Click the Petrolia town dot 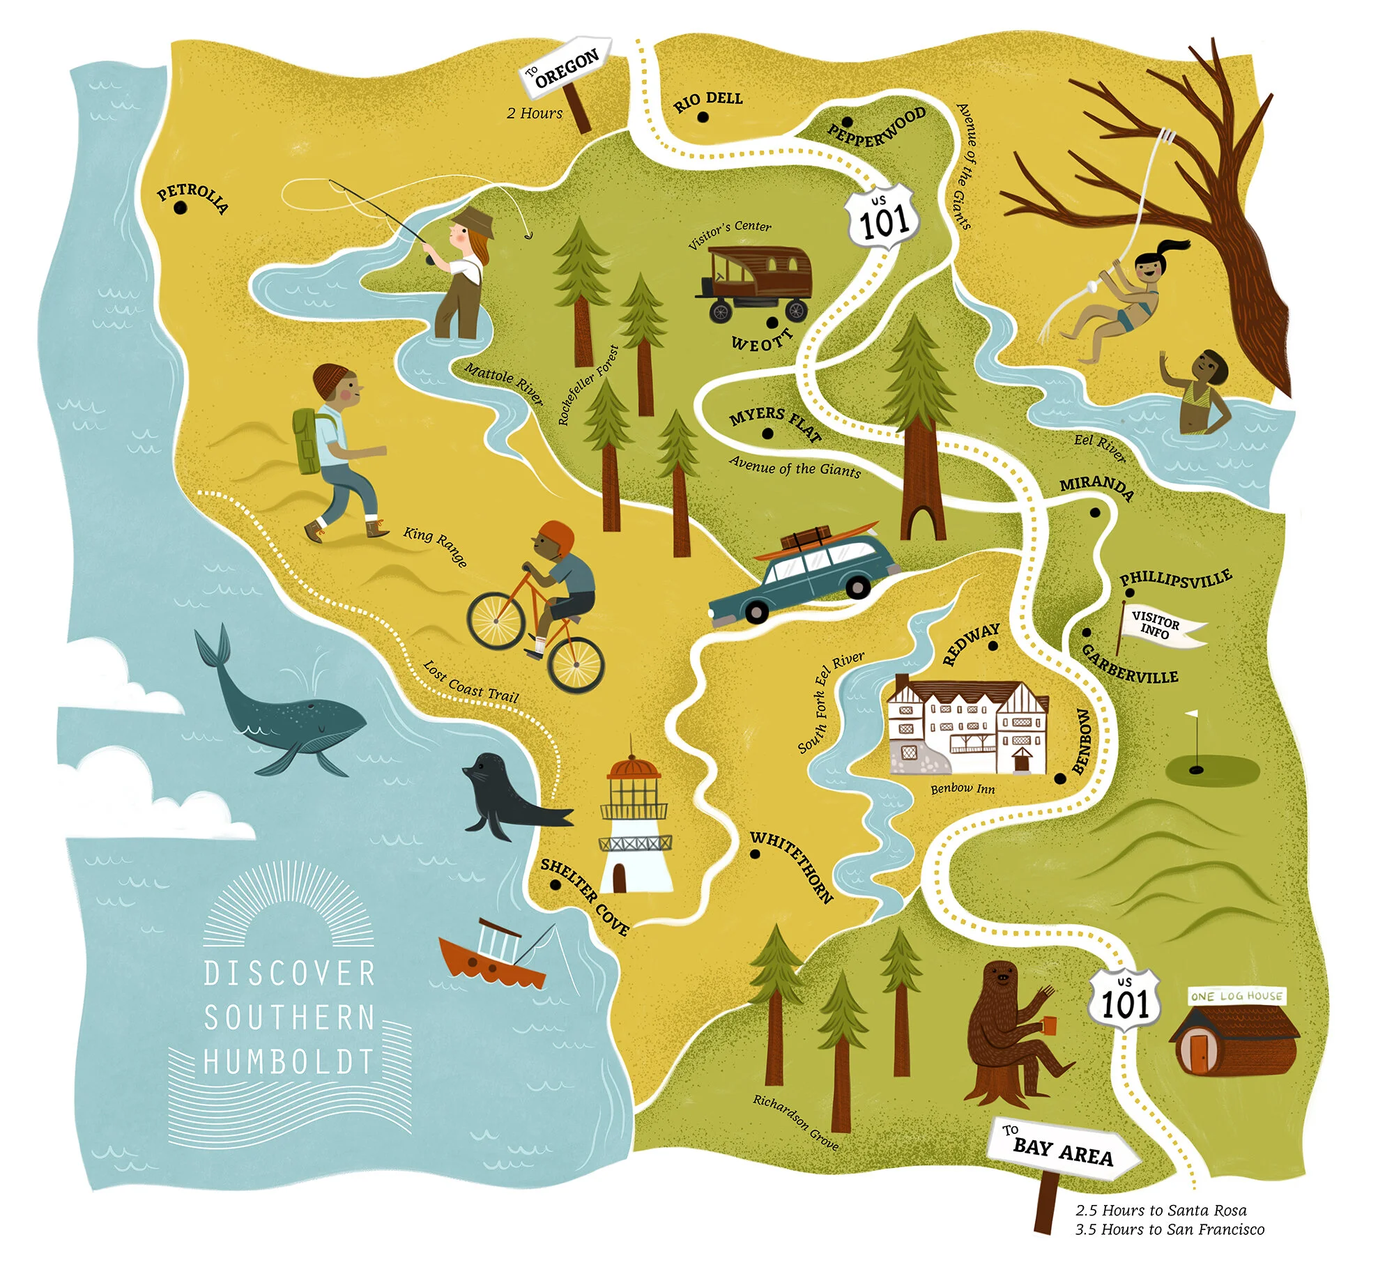[x=181, y=207]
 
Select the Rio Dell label [x=708, y=101]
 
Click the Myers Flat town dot [x=767, y=433]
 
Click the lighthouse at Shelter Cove [x=634, y=822]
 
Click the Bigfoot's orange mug [x=1050, y=1024]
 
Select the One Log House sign [x=1236, y=996]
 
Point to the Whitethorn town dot [x=756, y=855]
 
